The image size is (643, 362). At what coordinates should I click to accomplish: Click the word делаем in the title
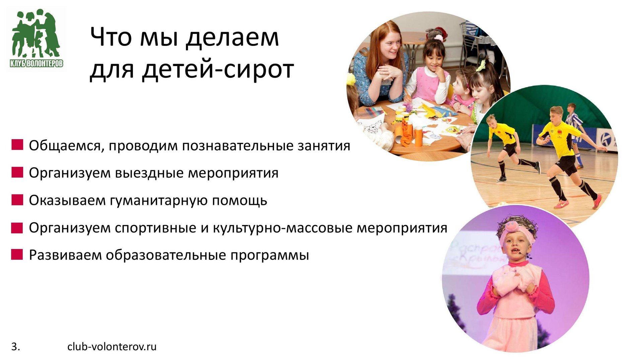click(x=232, y=38)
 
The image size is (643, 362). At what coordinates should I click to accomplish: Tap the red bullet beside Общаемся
click(x=17, y=145)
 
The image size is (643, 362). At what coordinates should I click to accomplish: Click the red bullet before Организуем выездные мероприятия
click(x=17, y=172)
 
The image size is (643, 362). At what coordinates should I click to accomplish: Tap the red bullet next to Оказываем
click(x=17, y=200)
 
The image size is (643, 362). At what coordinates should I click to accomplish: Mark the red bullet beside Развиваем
click(x=17, y=254)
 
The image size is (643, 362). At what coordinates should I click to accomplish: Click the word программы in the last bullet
click(x=269, y=255)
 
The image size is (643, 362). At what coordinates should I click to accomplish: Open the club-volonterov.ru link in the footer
click(x=112, y=347)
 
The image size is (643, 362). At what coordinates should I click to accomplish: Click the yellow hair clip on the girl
click(x=482, y=65)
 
